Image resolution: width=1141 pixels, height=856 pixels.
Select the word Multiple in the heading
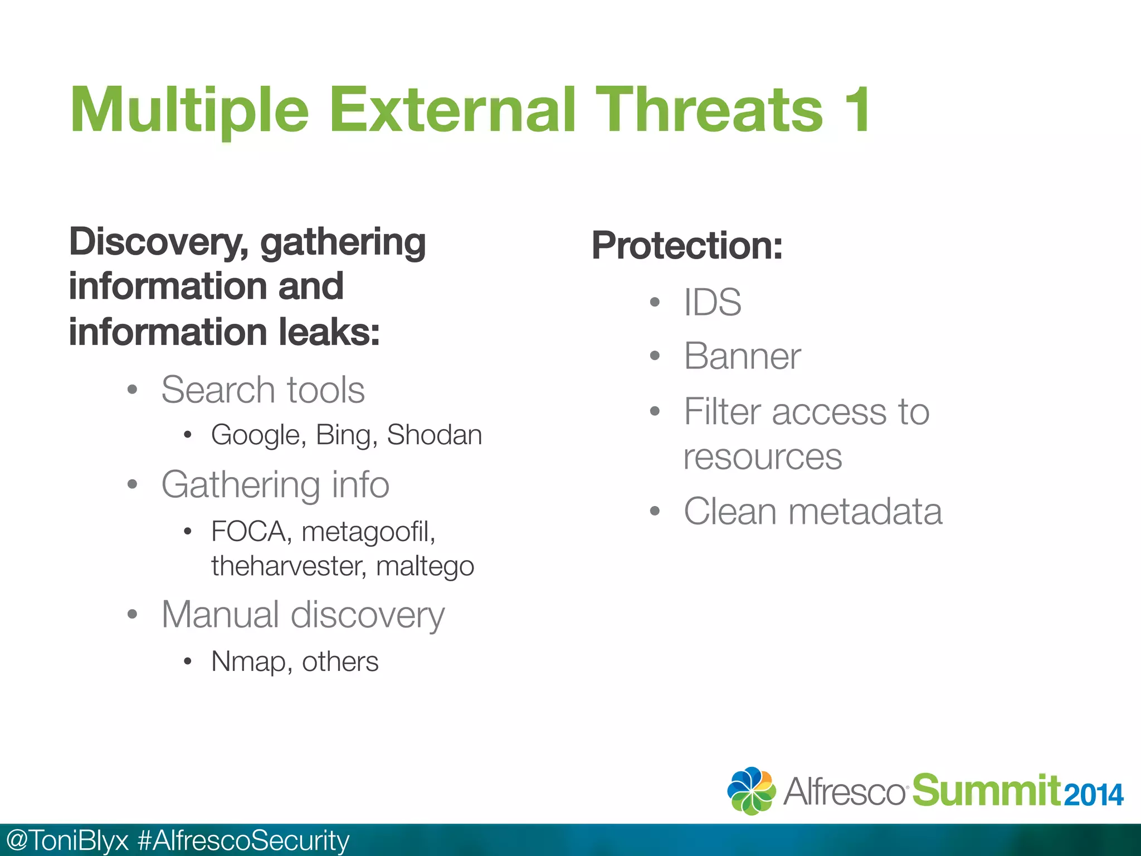pyautogui.click(x=189, y=111)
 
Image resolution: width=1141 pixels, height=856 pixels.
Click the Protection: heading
pyautogui.click(x=687, y=246)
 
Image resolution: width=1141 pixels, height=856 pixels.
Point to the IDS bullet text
pyautogui.click(x=713, y=303)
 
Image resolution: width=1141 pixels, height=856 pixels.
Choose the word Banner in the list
pyautogui.click(x=742, y=357)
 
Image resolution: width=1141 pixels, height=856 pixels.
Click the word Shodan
pyautogui.click(x=435, y=435)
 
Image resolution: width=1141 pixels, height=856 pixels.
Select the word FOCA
pyautogui.click(x=248, y=532)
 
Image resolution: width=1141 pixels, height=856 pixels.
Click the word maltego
pyautogui.click(x=425, y=567)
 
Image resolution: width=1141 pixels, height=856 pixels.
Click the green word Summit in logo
pyautogui.click(x=986, y=791)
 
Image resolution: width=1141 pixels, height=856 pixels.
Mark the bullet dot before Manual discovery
pyautogui.click(x=132, y=615)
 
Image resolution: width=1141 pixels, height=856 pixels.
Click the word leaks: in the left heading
pyautogui.click(x=329, y=333)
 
